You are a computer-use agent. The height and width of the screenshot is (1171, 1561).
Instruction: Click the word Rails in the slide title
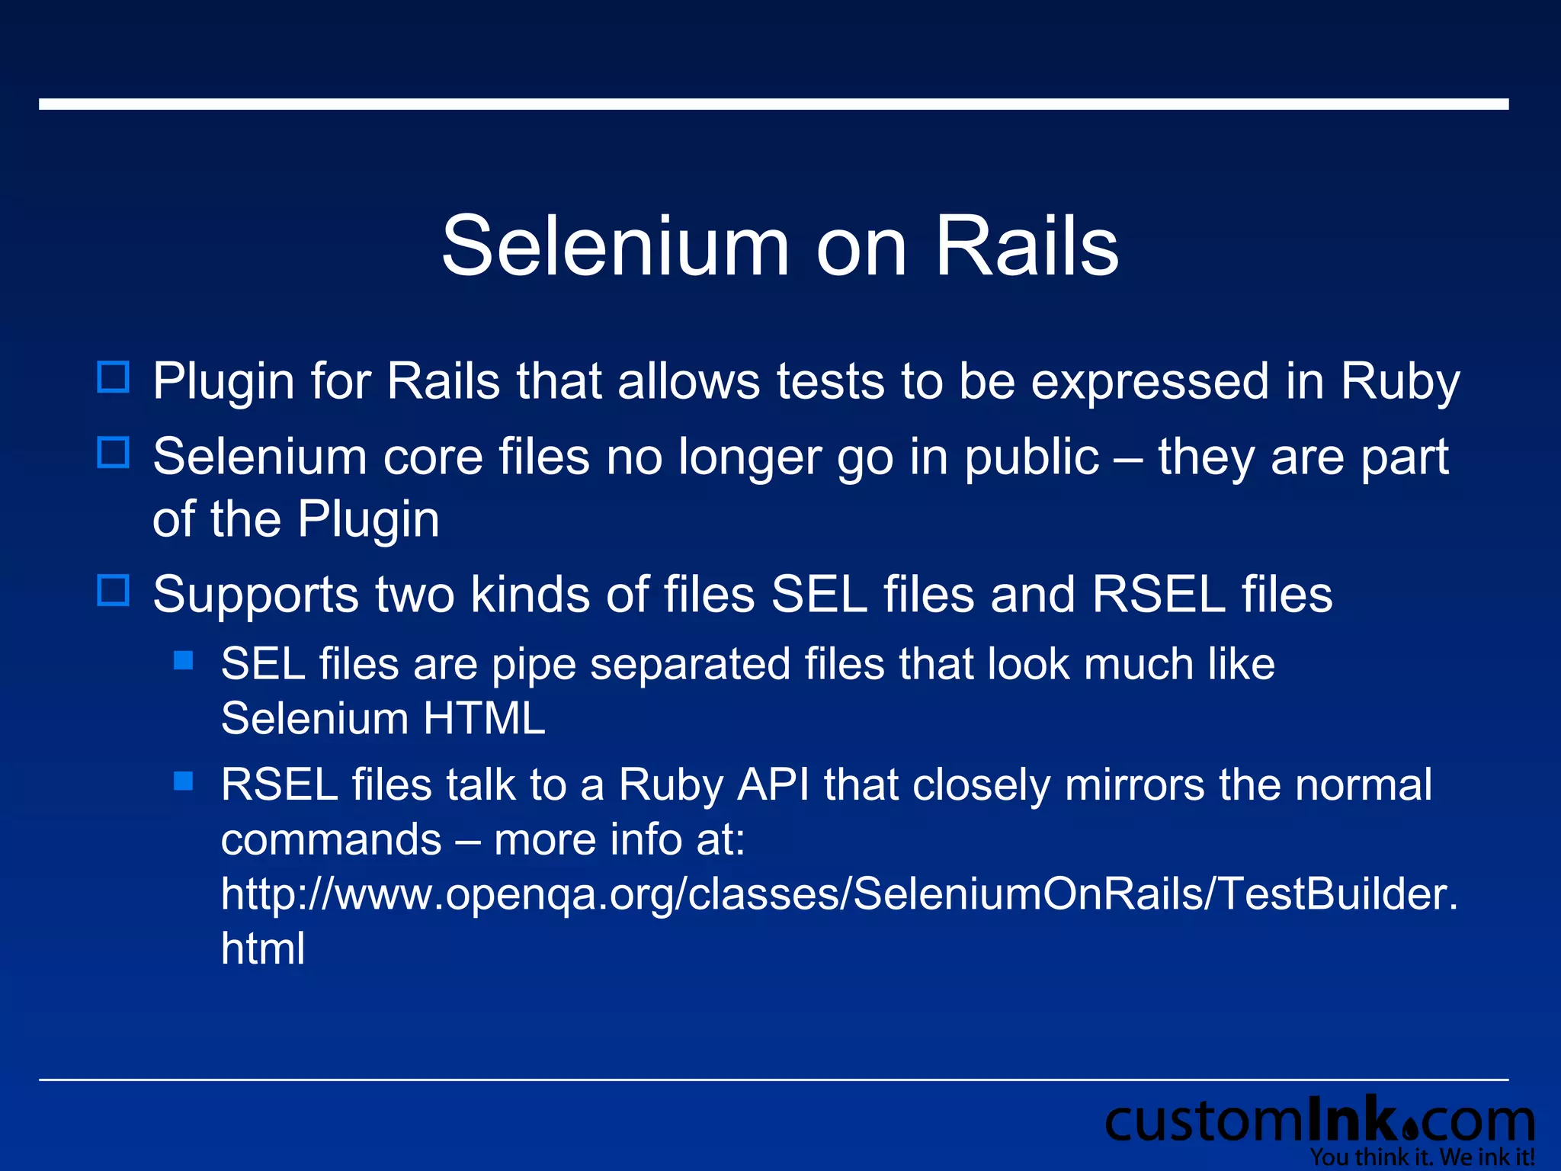[1027, 246]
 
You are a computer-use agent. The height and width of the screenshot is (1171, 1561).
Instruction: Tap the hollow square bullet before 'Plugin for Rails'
[114, 377]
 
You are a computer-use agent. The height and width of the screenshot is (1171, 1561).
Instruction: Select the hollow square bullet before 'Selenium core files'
[114, 453]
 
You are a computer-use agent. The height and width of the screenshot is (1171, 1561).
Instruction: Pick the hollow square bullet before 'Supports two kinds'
[114, 590]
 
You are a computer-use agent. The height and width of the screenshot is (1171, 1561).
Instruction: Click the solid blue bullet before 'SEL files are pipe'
[184, 660]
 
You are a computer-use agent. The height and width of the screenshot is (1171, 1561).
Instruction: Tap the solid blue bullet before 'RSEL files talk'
[184, 781]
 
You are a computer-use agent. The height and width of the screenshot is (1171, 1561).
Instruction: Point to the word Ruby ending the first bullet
[1400, 381]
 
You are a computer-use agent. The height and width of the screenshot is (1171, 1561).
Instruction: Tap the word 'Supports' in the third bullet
[255, 595]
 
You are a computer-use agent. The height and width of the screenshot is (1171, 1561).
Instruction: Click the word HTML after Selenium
[484, 718]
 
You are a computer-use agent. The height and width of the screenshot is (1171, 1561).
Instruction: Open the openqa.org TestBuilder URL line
[838, 894]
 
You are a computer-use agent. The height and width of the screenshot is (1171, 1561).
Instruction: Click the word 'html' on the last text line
[263, 948]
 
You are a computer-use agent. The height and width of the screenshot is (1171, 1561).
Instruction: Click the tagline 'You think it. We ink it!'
[1422, 1157]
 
